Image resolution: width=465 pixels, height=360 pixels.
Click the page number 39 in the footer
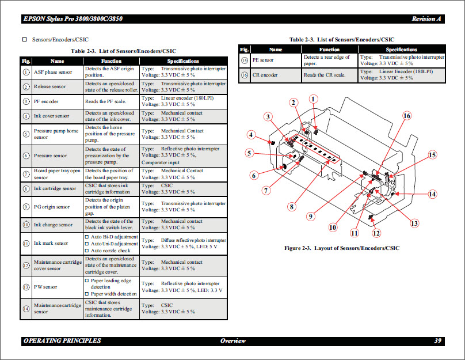click(438, 340)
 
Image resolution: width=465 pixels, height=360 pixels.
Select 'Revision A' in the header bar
click(426, 19)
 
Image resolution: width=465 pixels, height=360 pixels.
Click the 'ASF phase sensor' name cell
click(53, 72)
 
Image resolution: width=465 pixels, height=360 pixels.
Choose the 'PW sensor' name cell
click(45, 286)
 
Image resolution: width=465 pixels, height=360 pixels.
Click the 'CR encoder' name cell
click(265, 75)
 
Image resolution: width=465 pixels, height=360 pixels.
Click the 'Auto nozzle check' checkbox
click(87, 251)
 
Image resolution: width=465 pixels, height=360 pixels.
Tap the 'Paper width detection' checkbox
click(87, 294)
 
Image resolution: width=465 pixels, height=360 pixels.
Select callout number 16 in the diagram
click(407, 116)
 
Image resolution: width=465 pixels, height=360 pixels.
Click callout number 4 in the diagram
click(251, 135)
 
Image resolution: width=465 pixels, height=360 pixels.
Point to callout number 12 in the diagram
click(376, 233)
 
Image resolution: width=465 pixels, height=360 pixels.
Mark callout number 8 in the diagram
click(292, 206)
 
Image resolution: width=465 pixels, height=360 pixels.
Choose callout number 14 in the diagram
click(432, 194)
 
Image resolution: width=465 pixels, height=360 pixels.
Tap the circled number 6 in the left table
click(26, 156)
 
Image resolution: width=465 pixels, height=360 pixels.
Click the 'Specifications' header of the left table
click(183, 60)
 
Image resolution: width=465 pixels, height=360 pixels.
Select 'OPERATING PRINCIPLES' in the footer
click(62, 340)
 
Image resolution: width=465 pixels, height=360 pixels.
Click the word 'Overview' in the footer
click(233, 340)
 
